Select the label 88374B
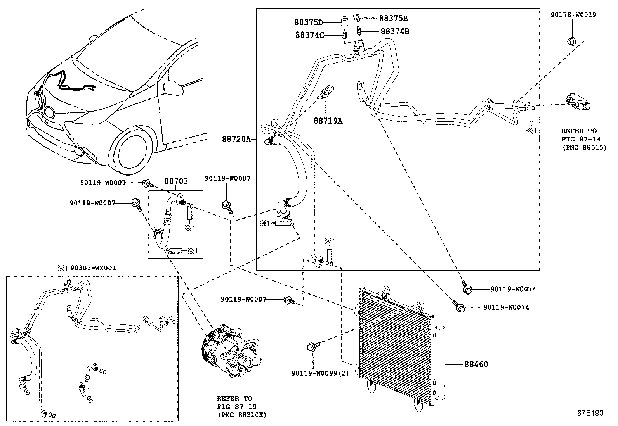[x=395, y=31]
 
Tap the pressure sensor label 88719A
[x=328, y=121]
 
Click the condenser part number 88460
[x=476, y=364]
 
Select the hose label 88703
[x=176, y=181]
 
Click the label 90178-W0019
[x=573, y=15]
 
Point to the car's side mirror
[x=172, y=88]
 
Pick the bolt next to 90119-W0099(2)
[x=314, y=346]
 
